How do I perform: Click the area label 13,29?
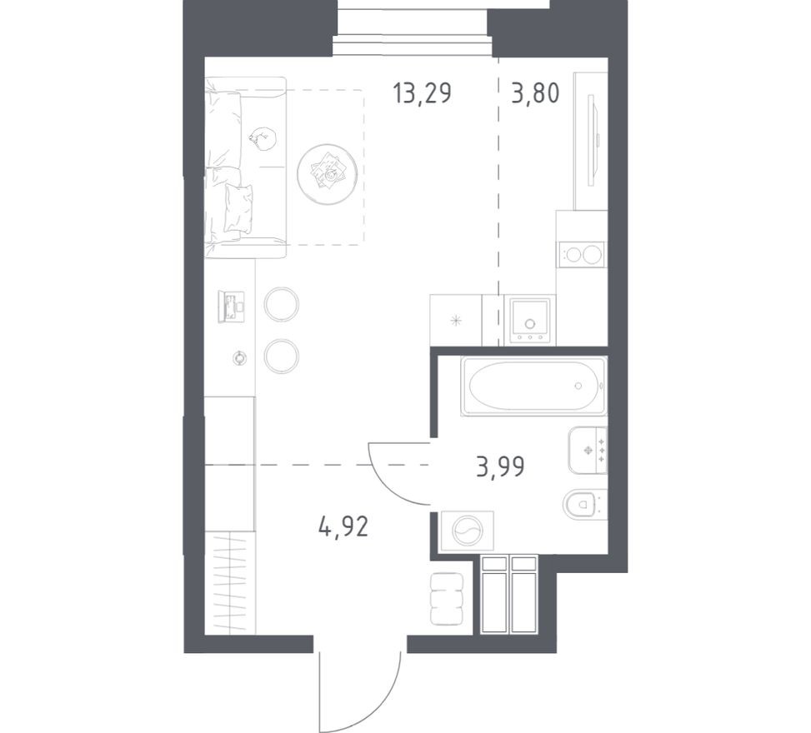(x=422, y=94)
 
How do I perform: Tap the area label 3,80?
(x=535, y=94)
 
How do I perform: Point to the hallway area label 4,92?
(x=343, y=527)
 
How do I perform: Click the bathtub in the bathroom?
(x=534, y=386)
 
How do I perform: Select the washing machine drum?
(x=466, y=531)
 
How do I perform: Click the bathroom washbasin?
(x=588, y=451)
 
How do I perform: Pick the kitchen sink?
(x=529, y=321)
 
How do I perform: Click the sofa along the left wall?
(x=246, y=167)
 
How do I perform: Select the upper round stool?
(x=282, y=305)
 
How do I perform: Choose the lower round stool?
(x=282, y=357)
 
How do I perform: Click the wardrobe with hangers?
(x=230, y=582)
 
